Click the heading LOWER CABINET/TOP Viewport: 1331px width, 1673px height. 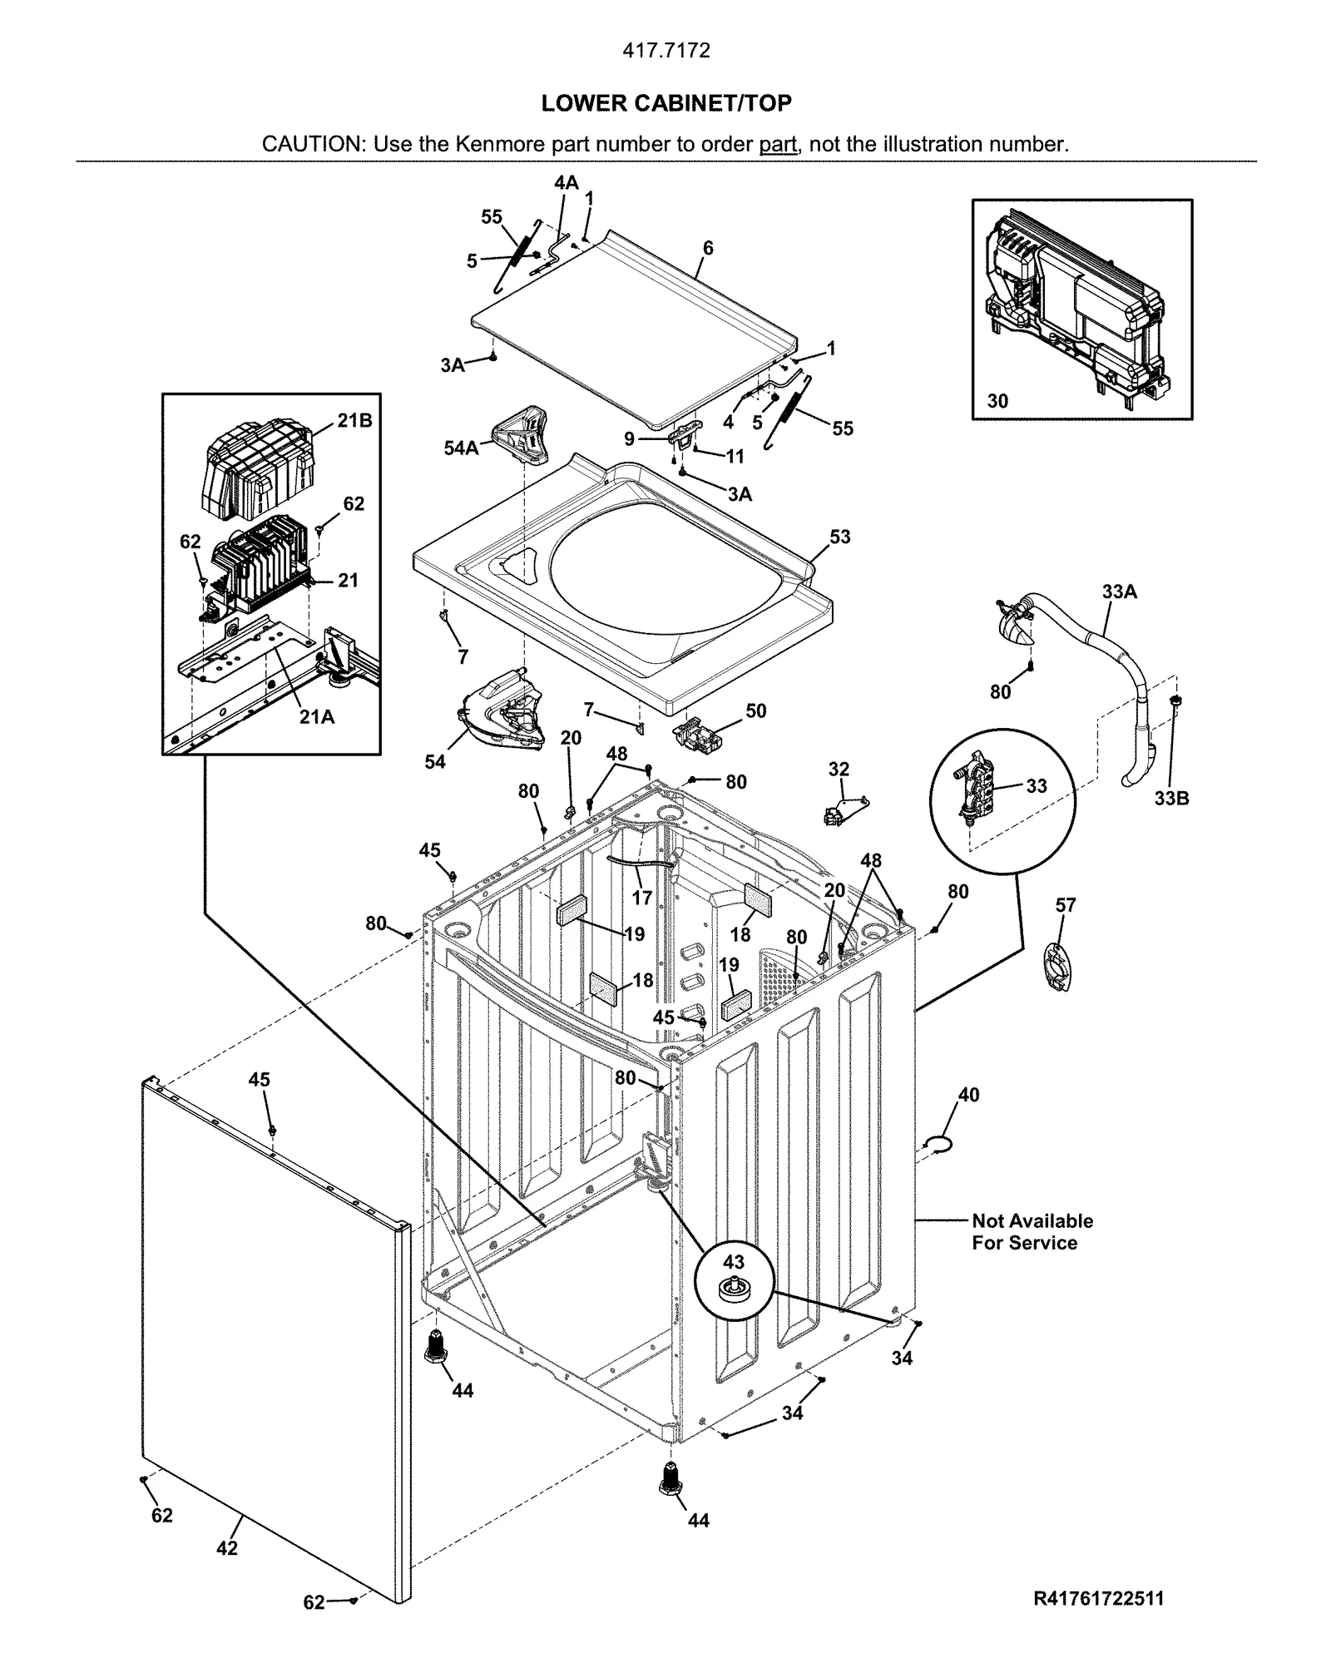click(665, 103)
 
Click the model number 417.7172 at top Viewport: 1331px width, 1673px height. click(666, 51)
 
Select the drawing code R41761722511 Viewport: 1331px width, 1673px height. click(1098, 1599)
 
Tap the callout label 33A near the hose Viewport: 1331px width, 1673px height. click(1119, 591)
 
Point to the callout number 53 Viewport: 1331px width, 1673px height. click(840, 537)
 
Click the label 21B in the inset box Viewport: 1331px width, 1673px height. click(354, 421)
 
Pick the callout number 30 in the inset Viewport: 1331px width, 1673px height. click(997, 401)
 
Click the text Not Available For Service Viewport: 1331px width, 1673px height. click(1032, 1232)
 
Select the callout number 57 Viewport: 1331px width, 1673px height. click(1066, 905)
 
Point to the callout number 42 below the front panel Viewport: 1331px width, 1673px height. click(226, 1548)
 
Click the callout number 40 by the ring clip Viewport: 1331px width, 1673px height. click(968, 1095)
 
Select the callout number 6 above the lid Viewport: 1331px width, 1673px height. click(708, 248)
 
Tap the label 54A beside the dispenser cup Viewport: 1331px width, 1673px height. click(461, 448)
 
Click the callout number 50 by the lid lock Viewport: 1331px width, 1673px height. click(755, 710)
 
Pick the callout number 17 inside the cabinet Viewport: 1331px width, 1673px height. click(642, 898)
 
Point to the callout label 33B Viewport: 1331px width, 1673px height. click(1171, 799)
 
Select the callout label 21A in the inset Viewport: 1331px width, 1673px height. click(317, 716)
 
